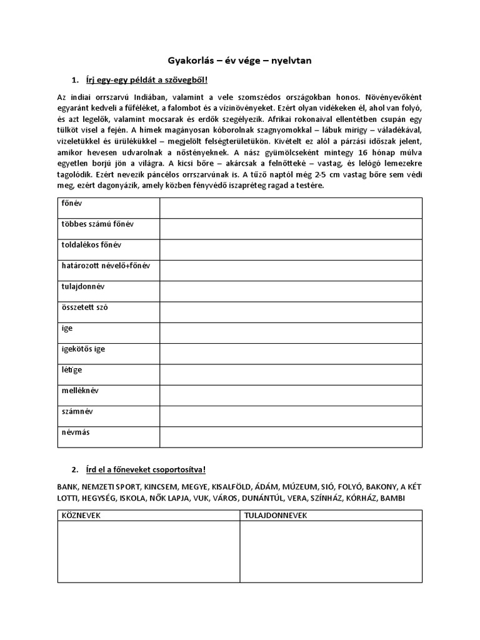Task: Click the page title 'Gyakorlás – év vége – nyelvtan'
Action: coord(239,61)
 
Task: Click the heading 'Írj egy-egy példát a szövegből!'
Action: coord(146,81)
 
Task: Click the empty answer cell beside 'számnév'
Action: coord(291,416)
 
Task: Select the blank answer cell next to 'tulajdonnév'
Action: coord(291,291)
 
